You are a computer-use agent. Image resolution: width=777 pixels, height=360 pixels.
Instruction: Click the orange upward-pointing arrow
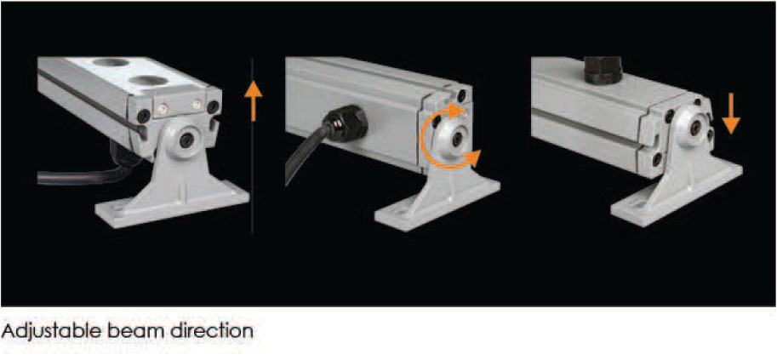point(253,100)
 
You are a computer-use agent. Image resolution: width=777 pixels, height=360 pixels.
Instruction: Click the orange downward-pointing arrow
point(731,113)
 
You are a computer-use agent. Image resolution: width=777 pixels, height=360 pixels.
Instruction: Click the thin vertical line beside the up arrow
point(252,146)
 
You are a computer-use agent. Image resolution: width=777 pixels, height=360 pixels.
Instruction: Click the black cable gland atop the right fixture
point(603,70)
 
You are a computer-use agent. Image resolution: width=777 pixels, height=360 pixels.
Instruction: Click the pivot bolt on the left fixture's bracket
point(187,140)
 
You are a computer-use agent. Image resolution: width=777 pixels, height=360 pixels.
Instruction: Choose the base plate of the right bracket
point(677,197)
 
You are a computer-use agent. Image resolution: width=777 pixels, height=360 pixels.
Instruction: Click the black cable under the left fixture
point(84,174)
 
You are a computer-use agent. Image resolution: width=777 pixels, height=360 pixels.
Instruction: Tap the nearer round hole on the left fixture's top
point(148,80)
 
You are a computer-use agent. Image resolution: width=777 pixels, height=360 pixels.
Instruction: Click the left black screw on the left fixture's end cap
point(144,116)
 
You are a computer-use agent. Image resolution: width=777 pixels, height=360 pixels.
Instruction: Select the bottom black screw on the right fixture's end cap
point(657,159)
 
